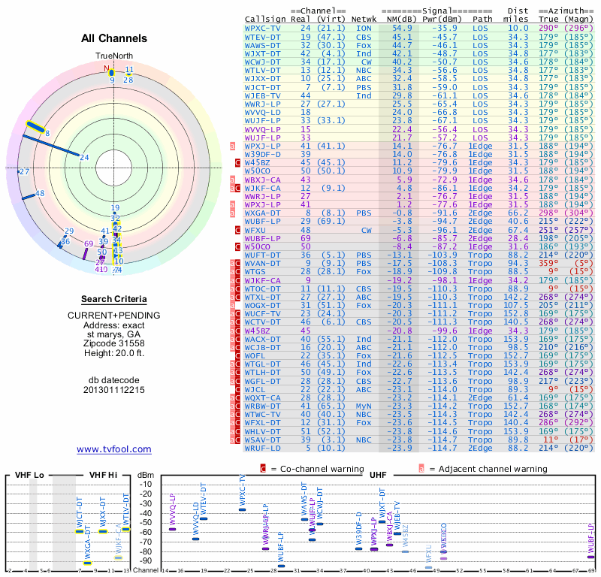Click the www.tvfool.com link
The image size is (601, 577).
(x=114, y=449)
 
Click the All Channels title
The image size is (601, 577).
(x=114, y=38)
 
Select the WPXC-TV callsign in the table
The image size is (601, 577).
(x=263, y=28)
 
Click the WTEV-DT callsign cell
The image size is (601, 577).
(x=263, y=36)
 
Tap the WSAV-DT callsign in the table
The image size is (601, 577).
(x=263, y=440)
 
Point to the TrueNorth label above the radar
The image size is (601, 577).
(x=113, y=56)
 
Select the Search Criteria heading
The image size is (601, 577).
(x=114, y=299)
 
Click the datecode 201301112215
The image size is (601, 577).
(x=114, y=390)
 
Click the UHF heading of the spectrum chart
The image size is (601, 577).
(x=379, y=475)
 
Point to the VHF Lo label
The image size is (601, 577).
(x=29, y=475)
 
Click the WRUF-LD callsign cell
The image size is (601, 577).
(x=263, y=448)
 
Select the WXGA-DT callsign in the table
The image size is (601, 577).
(x=263, y=213)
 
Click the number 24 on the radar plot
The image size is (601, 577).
(x=85, y=157)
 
